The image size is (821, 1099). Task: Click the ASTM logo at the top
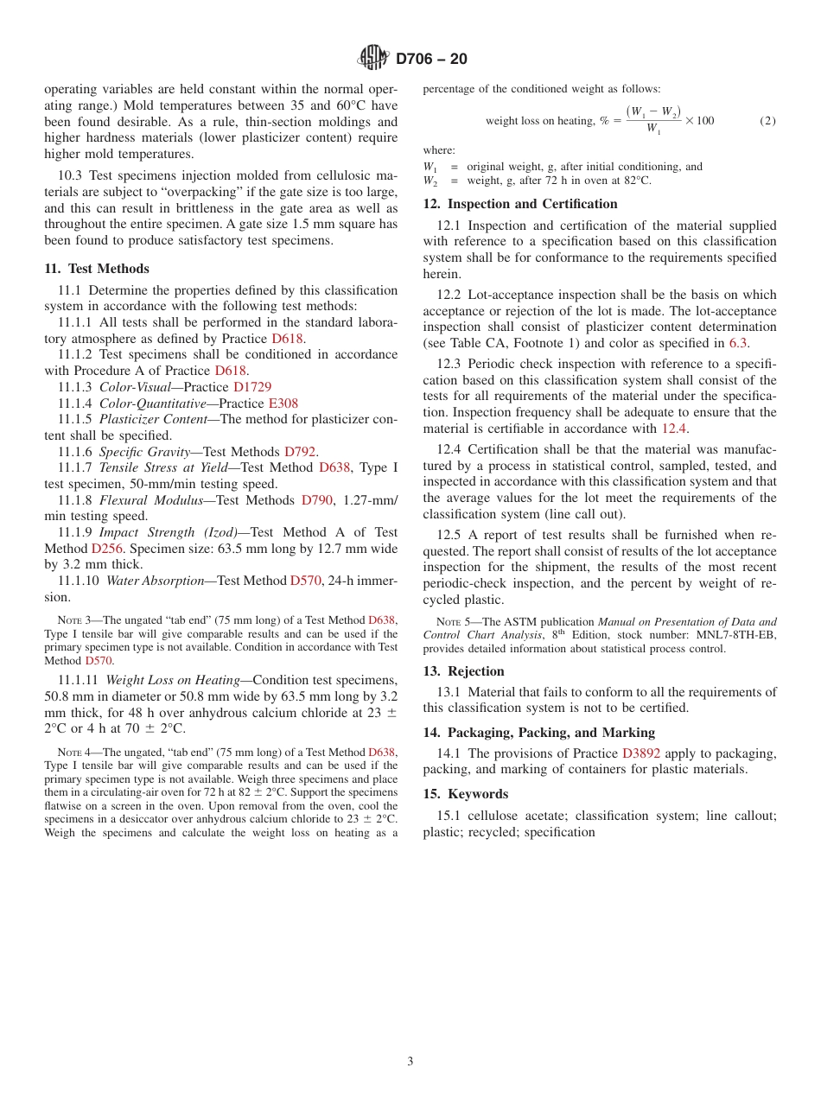click(x=374, y=59)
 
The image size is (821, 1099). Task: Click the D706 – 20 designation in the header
click(x=431, y=60)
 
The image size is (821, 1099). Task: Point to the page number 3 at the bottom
click(x=410, y=1061)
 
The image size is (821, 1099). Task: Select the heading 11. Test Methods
click(x=97, y=269)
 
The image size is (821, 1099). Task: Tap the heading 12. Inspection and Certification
click(x=519, y=204)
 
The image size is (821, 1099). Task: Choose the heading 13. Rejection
click(x=463, y=671)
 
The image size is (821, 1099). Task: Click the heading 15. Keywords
click(x=465, y=794)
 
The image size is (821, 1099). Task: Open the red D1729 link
click(x=252, y=387)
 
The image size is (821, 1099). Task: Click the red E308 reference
click(x=283, y=403)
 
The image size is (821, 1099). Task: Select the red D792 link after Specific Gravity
click(x=299, y=452)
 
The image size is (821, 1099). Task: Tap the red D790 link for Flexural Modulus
click(x=316, y=500)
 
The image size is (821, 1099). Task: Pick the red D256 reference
click(x=108, y=549)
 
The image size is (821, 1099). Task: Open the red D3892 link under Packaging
click(x=640, y=753)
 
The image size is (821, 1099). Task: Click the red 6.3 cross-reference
click(x=737, y=343)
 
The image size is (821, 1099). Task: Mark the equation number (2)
click(x=767, y=121)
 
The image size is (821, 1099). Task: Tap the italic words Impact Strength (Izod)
click(x=169, y=533)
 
